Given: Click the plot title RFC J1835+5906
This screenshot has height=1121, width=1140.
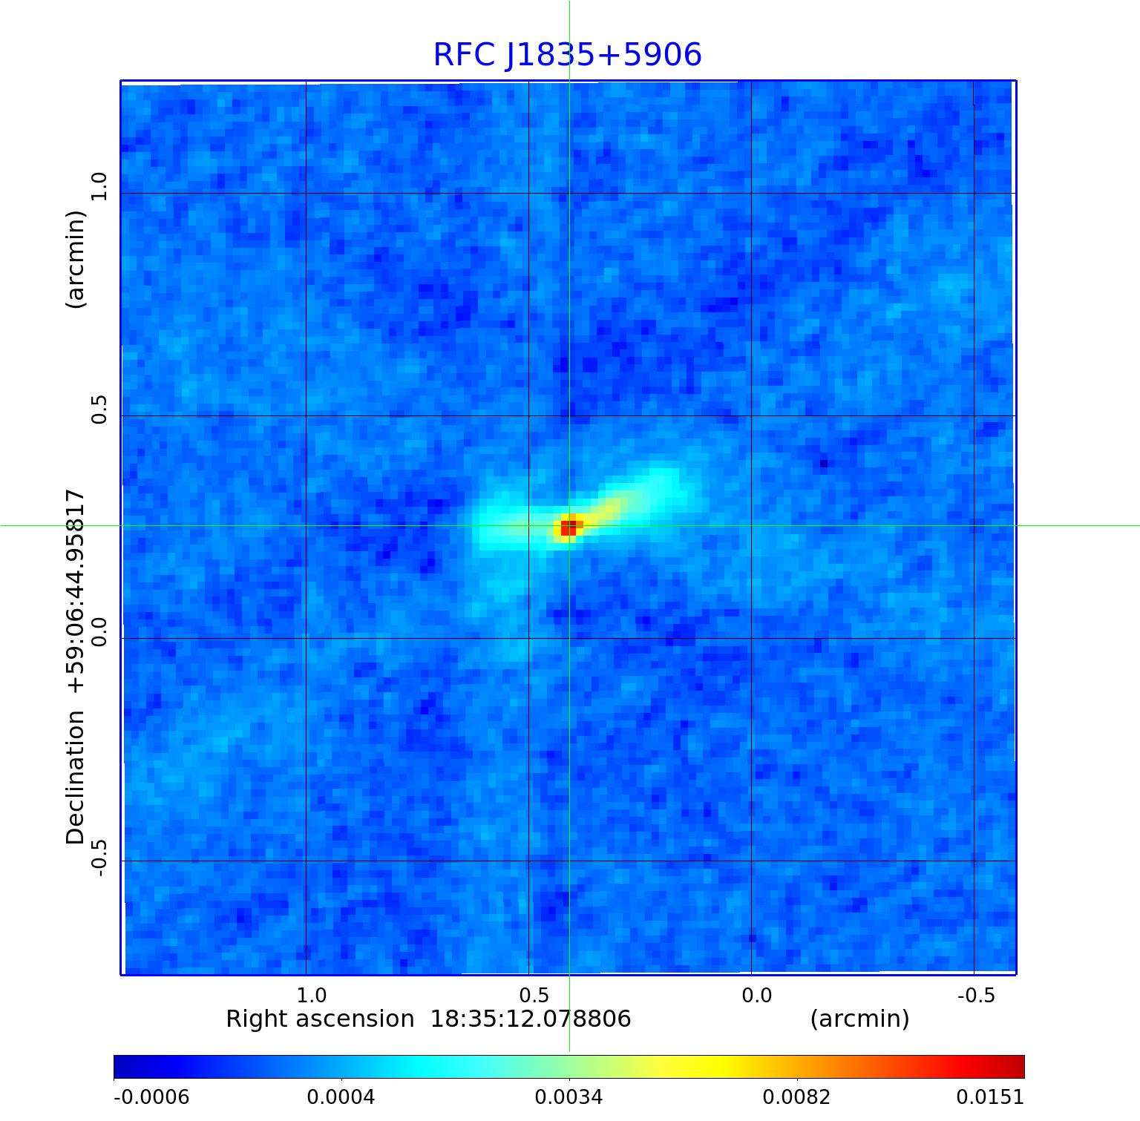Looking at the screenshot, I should pos(567,55).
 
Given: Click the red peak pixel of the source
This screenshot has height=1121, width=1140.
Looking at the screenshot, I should pos(567,528).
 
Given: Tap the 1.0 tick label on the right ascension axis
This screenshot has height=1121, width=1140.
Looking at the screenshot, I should pos(311,995).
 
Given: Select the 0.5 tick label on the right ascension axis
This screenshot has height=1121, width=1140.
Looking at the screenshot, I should pos(534,995).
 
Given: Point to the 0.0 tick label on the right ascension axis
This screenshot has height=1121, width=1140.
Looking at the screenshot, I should pos(756,995).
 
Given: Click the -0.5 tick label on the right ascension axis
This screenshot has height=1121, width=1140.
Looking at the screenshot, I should pos(975,995).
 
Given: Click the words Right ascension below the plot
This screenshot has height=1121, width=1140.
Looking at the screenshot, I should pos(320,1019).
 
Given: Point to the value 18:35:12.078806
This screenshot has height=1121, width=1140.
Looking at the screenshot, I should pos(531,1019).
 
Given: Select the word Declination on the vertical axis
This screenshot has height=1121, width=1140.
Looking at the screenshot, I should pos(76,778).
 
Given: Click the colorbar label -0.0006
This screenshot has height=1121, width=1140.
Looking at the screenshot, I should pos(151,1097).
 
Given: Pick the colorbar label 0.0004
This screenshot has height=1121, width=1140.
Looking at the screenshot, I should pos(341,1097).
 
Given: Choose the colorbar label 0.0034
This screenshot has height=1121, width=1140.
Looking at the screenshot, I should pos(569,1097).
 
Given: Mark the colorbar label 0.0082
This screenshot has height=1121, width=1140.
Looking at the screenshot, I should pos(796,1097).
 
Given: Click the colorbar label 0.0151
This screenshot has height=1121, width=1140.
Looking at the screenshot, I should pos(989,1097).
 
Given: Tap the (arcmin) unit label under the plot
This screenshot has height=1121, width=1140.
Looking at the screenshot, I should pos(859,1019).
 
